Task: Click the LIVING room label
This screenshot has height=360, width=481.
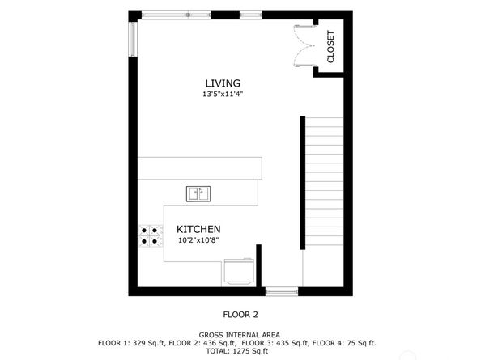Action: (222, 83)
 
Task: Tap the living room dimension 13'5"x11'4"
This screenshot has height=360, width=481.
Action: (223, 95)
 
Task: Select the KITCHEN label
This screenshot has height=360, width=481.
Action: (199, 230)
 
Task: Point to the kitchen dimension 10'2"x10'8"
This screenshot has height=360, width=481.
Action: (198, 240)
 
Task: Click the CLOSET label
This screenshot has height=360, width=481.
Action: (330, 47)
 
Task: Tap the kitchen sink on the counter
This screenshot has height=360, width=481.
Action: (198, 193)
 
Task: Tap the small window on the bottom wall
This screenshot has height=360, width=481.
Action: (281, 291)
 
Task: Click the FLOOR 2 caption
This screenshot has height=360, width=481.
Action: (240, 315)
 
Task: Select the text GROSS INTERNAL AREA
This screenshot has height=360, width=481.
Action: (240, 334)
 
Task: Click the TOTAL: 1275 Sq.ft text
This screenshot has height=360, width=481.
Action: (240, 351)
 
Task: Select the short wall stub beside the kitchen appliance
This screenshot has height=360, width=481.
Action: (258, 264)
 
